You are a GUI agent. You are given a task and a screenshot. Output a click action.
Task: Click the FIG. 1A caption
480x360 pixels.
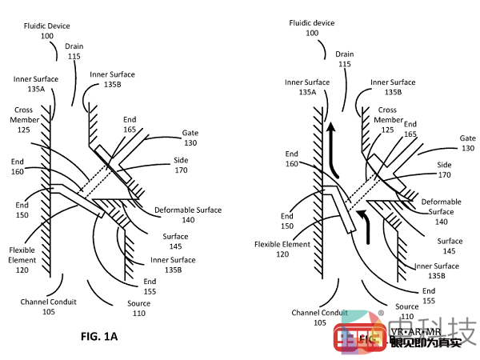click(x=99, y=336)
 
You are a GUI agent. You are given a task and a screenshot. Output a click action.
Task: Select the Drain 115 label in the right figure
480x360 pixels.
click(x=344, y=58)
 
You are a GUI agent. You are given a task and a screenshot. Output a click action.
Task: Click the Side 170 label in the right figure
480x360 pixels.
click(x=444, y=169)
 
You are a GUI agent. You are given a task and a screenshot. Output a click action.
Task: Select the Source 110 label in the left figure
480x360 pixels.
click(x=138, y=308)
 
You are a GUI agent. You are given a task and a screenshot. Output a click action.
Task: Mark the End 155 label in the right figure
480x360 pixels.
click(x=430, y=295)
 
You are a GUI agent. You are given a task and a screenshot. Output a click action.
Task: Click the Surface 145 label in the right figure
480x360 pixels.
click(x=449, y=246)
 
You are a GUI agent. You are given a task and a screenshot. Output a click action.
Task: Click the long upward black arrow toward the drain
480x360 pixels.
click(x=329, y=148)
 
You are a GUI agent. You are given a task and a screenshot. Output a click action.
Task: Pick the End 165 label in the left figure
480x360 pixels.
click(x=130, y=124)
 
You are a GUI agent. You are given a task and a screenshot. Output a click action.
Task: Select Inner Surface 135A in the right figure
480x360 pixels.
click(x=306, y=87)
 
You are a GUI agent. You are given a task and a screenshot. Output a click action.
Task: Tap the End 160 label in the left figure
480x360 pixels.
click(x=18, y=166)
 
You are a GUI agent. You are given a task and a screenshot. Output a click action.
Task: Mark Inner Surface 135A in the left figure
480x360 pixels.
click(x=34, y=84)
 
